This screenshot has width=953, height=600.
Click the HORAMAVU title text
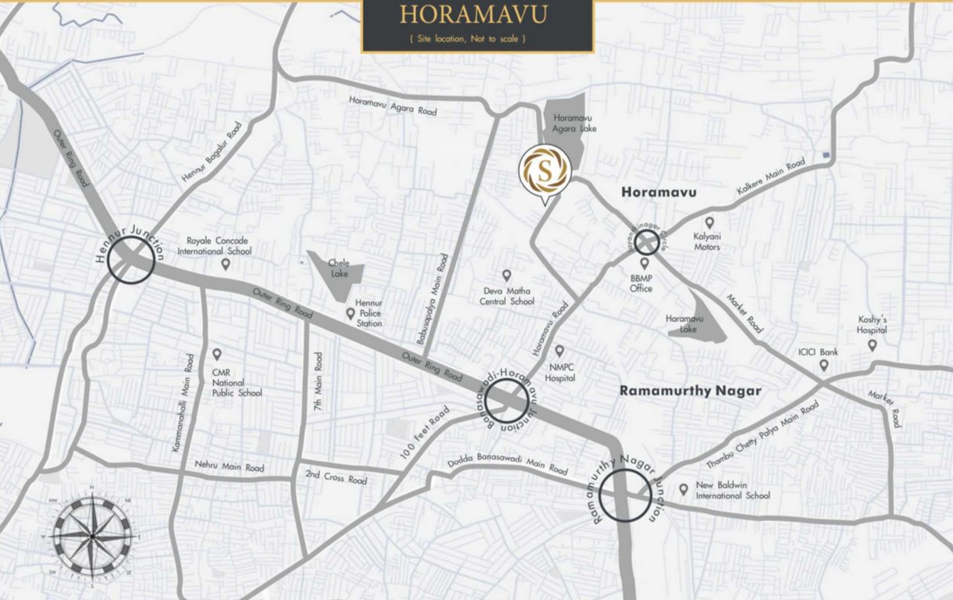[473, 15]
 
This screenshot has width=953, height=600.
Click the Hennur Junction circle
[130, 259]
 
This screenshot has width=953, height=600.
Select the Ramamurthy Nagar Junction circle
[626, 496]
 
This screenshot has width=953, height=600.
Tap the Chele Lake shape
[337, 275]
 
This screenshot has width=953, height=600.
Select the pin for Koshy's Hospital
[872, 345]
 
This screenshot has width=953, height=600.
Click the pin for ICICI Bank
[823, 365]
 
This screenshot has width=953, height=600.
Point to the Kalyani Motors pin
[709, 223]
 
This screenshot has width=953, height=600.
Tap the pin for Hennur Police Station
[351, 313]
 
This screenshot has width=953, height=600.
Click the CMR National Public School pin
[217, 354]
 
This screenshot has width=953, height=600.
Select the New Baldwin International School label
[732, 490]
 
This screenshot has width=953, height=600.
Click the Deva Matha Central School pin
[506, 275]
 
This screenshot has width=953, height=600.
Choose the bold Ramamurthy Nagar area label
[690, 391]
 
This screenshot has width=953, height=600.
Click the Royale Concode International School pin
[226, 264]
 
